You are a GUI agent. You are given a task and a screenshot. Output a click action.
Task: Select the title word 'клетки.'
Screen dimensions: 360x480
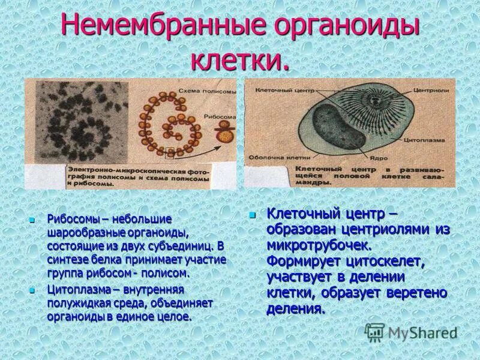pos(240,61)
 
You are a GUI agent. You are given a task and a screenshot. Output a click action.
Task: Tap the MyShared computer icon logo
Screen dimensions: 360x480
pos(374,332)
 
